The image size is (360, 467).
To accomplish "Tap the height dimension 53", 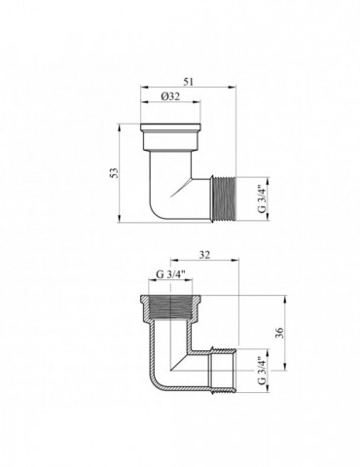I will [x=116, y=172].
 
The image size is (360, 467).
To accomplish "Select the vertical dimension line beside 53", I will [x=125, y=173].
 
